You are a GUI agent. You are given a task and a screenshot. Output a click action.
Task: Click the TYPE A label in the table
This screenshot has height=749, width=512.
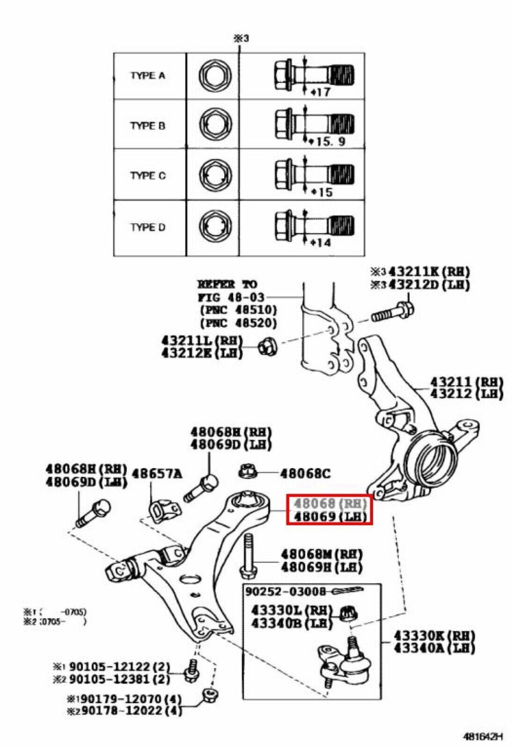[147, 76]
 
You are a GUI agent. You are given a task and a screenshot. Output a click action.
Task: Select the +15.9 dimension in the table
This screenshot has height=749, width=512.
[328, 141]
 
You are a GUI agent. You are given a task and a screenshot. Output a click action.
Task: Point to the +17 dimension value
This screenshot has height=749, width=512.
[321, 92]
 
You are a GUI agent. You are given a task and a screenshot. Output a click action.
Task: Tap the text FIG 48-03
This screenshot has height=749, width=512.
[231, 297]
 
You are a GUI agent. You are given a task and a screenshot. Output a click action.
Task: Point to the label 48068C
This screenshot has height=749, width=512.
[305, 474]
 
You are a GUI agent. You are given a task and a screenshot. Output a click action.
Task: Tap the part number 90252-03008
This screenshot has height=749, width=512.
[285, 591]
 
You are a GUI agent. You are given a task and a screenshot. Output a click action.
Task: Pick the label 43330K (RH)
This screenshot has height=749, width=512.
[433, 636]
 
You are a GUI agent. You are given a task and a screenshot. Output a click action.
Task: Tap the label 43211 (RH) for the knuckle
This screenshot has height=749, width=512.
[466, 382]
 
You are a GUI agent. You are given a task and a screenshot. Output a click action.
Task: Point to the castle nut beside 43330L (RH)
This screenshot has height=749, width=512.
[347, 612]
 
